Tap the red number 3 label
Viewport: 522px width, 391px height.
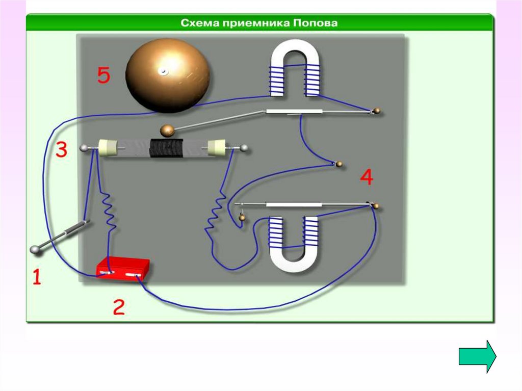(x=61, y=149)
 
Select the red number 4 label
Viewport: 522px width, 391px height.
(x=367, y=177)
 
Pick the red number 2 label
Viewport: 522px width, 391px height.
(x=118, y=307)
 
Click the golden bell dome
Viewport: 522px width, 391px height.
(x=168, y=76)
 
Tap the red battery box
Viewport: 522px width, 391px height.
(x=123, y=269)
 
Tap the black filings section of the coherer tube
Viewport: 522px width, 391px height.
(x=165, y=149)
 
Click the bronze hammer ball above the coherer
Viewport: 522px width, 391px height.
(x=168, y=131)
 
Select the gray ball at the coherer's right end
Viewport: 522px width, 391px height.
(x=245, y=148)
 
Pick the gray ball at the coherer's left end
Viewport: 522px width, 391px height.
(x=84, y=148)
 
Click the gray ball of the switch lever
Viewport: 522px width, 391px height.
(x=36, y=250)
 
